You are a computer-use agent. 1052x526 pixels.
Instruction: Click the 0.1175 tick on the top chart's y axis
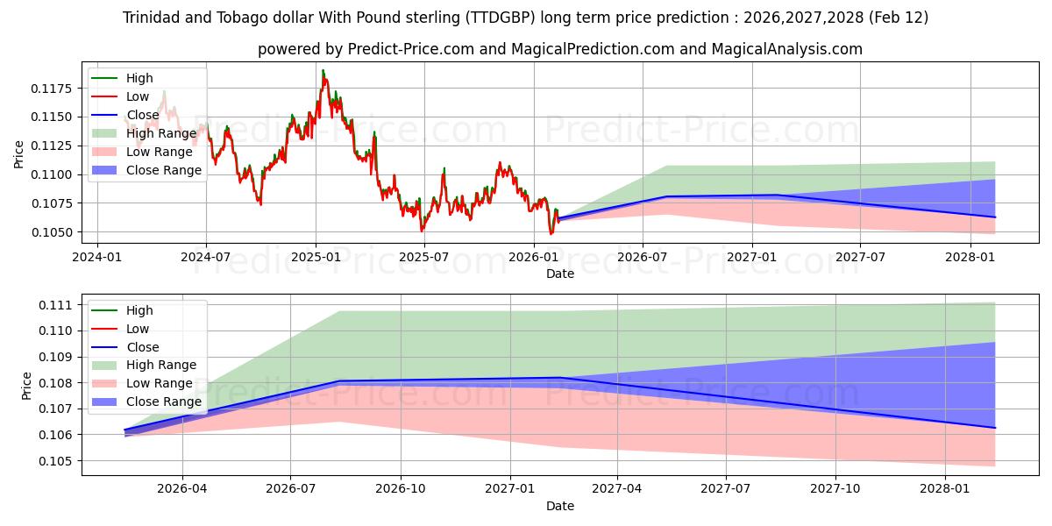(56, 89)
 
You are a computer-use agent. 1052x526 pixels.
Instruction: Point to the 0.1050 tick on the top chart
(56, 232)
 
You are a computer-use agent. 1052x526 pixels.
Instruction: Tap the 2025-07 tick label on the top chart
(424, 257)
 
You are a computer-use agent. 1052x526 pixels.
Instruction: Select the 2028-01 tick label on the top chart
(970, 257)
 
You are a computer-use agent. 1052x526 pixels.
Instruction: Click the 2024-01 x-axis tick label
(96, 257)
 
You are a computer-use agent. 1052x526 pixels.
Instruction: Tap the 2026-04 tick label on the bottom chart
(182, 490)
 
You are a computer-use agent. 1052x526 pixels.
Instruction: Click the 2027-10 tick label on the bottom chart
(835, 490)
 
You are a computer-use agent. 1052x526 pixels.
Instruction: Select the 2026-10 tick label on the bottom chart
(400, 490)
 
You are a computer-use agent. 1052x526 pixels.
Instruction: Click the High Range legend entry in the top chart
(160, 133)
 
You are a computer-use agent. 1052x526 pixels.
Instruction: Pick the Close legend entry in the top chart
(143, 115)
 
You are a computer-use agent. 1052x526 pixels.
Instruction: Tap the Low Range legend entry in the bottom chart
(160, 383)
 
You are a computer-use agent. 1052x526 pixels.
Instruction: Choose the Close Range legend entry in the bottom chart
(164, 402)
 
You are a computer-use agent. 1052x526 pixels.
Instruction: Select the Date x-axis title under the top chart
(560, 274)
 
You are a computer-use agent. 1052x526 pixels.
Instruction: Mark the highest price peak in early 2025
(323, 70)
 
